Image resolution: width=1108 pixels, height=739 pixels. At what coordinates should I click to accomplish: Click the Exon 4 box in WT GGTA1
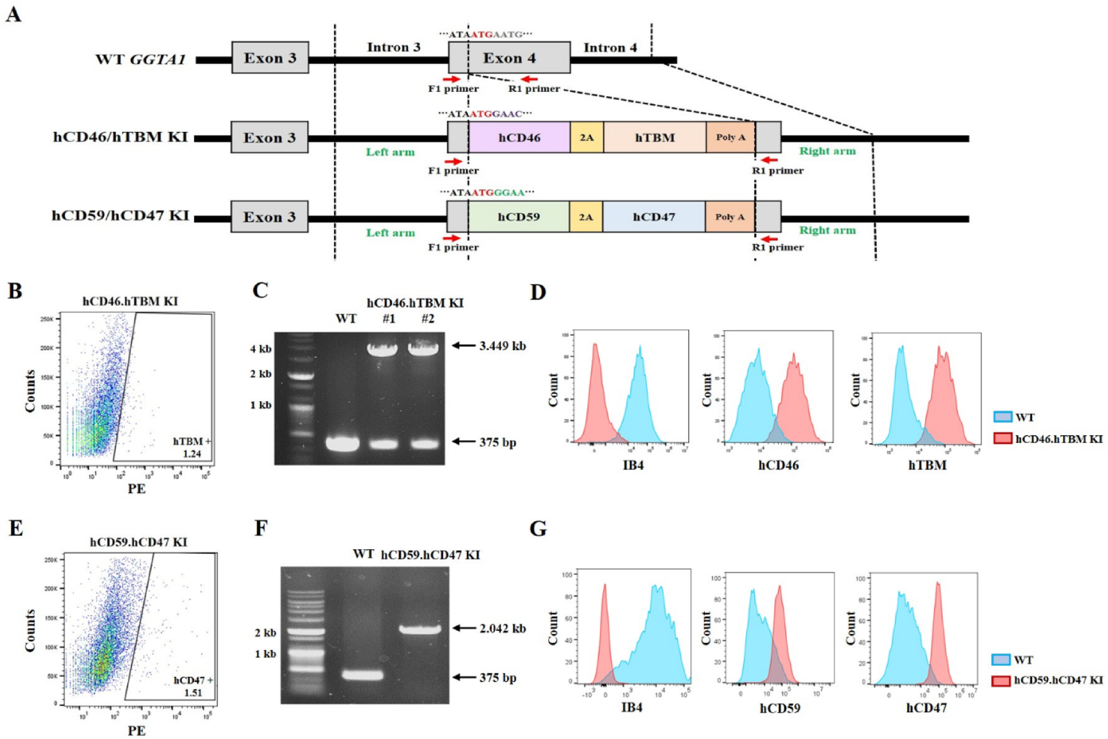(509, 58)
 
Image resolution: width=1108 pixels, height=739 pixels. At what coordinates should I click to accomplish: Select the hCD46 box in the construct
(519, 137)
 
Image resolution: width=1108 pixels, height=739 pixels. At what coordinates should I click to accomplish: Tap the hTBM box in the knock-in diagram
(655, 137)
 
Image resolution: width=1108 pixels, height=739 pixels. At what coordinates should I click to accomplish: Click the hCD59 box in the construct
(518, 217)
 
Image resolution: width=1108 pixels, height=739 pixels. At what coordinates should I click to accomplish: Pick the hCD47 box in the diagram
(654, 217)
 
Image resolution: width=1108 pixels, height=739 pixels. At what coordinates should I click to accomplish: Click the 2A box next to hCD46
(587, 137)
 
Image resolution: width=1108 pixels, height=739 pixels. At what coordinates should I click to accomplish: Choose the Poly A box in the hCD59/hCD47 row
(730, 217)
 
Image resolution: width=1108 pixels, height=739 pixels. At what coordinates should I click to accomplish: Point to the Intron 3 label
(393, 47)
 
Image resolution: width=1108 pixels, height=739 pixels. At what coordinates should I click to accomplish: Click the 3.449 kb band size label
(502, 345)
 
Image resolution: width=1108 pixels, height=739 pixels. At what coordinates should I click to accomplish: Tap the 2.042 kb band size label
(502, 627)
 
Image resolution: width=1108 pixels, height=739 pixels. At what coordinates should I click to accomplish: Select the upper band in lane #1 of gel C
(383, 348)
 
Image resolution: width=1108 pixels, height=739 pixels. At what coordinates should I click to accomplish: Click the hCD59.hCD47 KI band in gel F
(420, 629)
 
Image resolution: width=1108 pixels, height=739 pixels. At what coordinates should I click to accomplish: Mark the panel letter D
(537, 292)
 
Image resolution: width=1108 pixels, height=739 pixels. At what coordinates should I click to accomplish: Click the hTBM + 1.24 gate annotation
(192, 447)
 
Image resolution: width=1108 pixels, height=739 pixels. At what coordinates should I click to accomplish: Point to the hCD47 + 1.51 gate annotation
(193, 686)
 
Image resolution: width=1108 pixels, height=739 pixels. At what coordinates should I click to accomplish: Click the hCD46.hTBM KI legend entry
(1048, 438)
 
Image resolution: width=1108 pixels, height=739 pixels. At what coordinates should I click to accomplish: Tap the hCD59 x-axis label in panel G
(779, 709)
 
